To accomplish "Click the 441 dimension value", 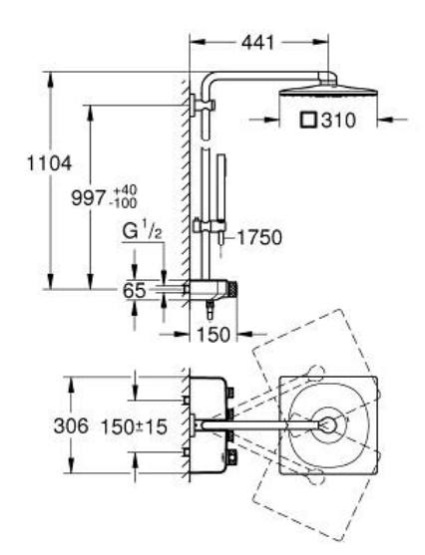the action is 257,43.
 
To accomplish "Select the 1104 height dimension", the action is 49,163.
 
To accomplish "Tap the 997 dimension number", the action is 89,197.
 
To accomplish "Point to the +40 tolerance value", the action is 125,190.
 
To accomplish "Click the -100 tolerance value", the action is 124,203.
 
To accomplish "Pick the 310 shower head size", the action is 338,121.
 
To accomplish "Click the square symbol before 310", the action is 308,120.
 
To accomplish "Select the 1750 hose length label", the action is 259,237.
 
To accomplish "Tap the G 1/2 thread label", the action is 142,231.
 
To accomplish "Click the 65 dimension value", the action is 135,290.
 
